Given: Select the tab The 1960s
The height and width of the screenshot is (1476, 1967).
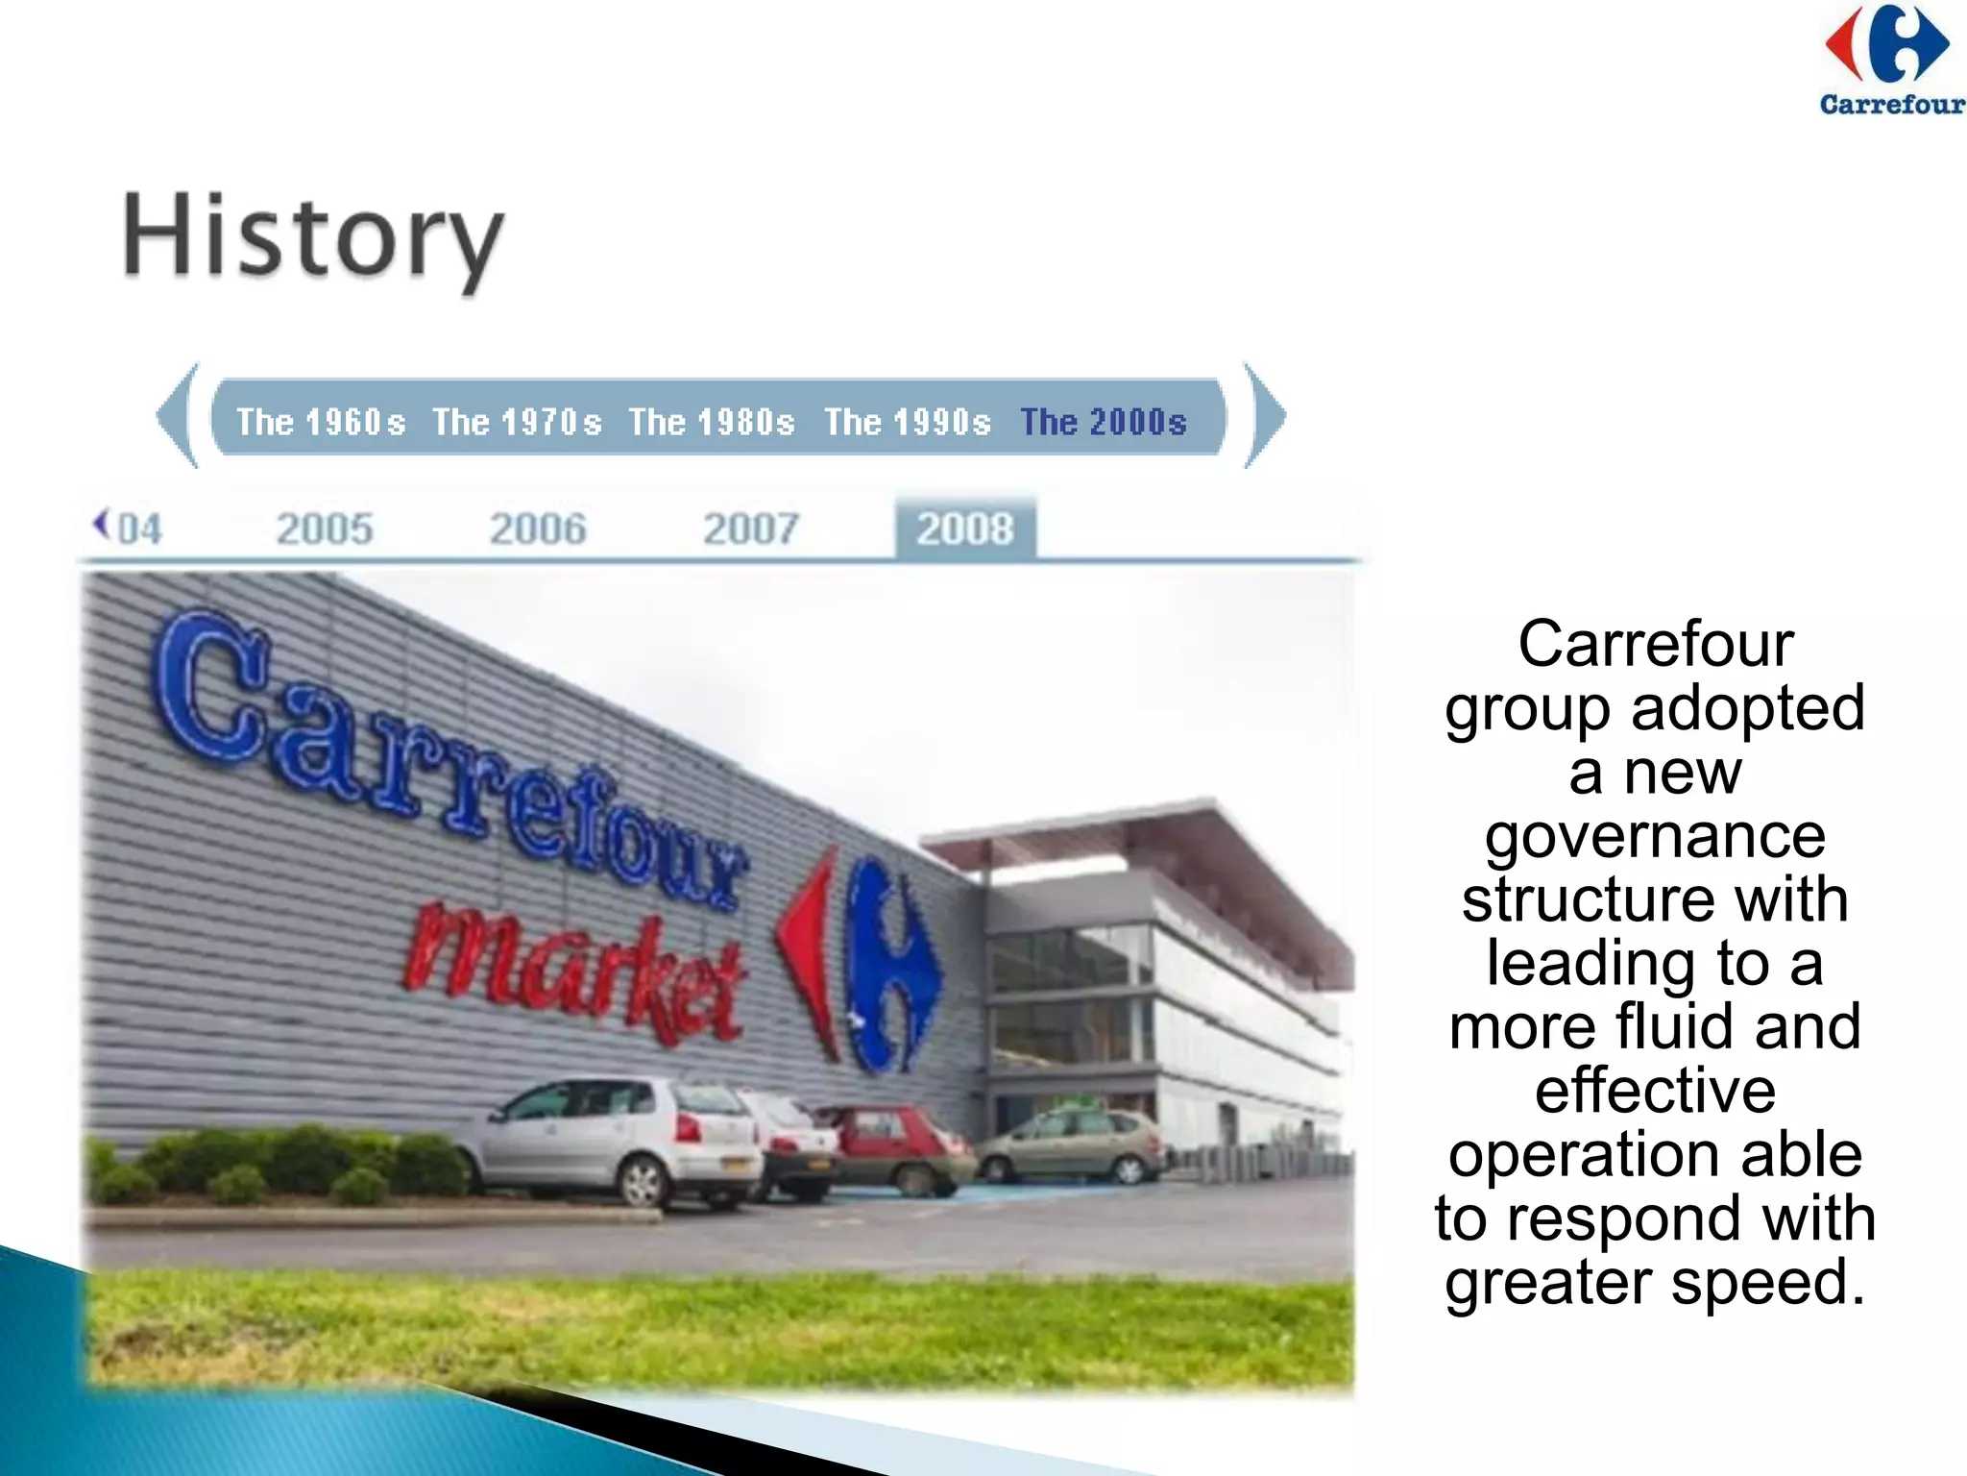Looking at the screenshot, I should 321,422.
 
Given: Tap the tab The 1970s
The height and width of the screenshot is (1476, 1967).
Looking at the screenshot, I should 517,422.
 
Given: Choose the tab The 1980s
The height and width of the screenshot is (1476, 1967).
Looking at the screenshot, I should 712,422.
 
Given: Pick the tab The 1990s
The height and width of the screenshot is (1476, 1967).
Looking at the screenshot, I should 908,422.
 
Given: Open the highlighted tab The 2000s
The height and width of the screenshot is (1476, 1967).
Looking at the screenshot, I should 1104,422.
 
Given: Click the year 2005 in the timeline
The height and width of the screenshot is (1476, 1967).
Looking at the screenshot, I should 325,529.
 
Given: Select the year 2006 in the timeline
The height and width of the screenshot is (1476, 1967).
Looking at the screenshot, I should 538,529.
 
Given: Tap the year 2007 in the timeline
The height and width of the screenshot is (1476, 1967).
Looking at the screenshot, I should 751,529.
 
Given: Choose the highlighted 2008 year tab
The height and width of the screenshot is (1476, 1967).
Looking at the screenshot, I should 965,529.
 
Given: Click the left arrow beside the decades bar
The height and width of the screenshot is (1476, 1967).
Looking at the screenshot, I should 179,415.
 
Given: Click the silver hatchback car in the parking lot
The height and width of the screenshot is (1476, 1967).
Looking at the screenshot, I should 605,1139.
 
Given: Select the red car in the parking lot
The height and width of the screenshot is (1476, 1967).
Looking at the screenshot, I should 898,1148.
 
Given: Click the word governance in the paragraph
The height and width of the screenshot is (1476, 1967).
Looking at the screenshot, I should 1655,837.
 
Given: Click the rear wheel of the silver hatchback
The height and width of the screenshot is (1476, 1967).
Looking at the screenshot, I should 641,1181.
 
